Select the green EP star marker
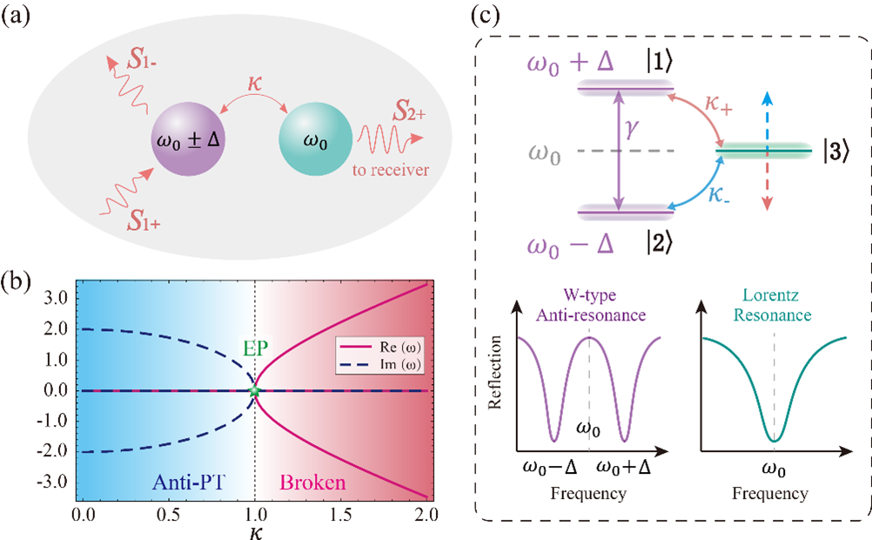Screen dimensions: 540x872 [254, 392]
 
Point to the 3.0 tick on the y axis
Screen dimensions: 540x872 [57, 298]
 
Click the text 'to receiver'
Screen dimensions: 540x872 [392, 170]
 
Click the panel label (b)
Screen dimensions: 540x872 [18, 286]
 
